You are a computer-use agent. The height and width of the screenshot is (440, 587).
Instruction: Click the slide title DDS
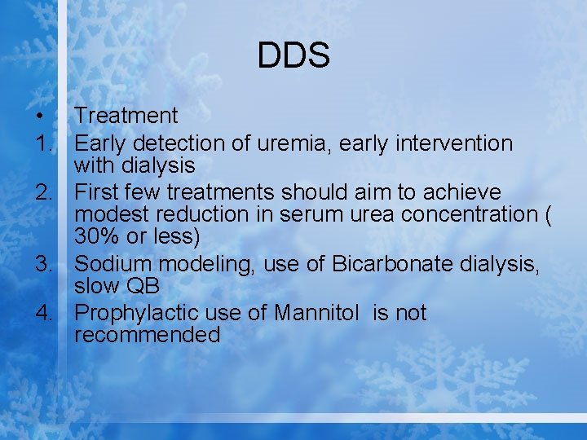coord(293,56)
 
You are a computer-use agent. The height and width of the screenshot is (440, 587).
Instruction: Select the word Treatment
coord(126,117)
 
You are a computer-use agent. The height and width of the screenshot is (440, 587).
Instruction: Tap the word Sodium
coord(113,264)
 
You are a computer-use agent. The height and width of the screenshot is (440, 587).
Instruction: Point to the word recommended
coord(147,335)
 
